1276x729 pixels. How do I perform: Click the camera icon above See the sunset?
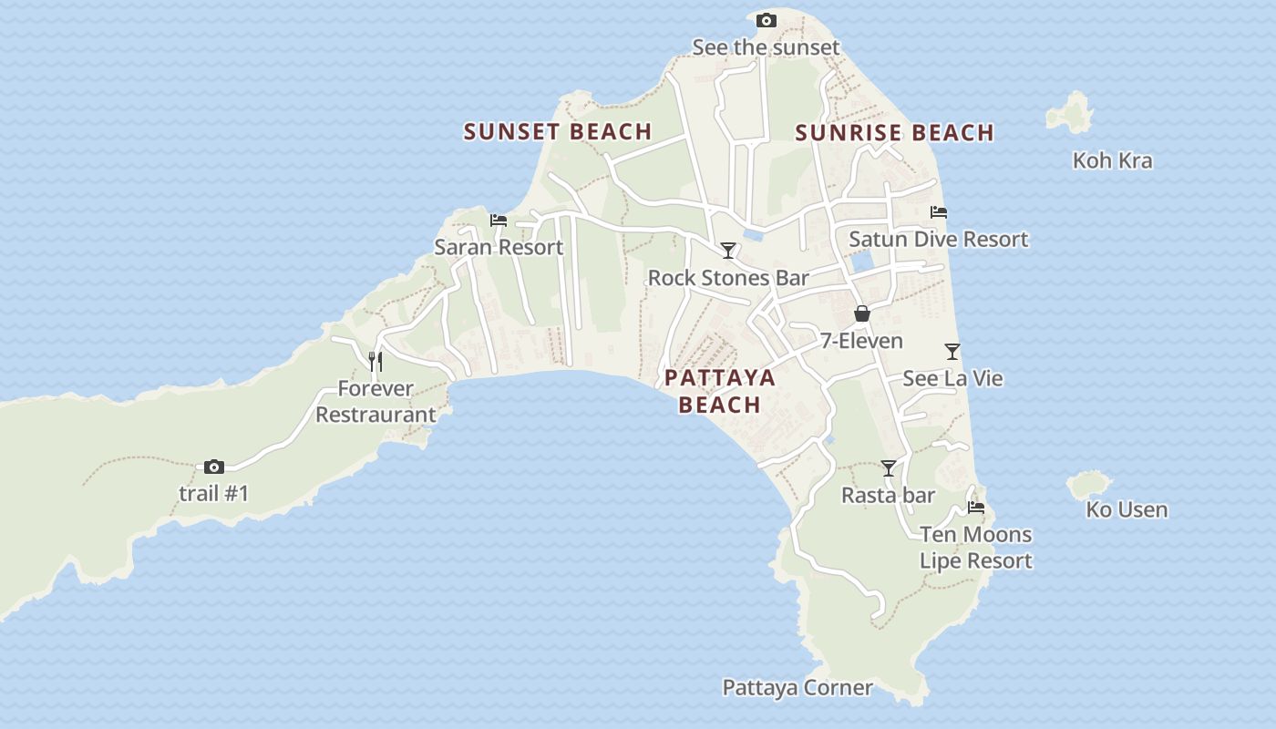pyautogui.click(x=767, y=20)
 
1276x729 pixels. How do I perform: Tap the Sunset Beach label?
pyautogui.click(x=558, y=132)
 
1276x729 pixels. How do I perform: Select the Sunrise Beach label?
pyautogui.click(x=894, y=133)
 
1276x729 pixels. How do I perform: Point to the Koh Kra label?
pyautogui.click(x=1112, y=161)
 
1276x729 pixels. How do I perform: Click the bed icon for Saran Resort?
pyautogui.click(x=498, y=221)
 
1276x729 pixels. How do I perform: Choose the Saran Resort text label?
pyautogui.click(x=499, y=247)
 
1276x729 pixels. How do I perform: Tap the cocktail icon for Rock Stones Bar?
pyautogui.click(x=727, y=250)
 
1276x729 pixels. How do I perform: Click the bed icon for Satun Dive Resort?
pyautogui.click(x=939, y=212)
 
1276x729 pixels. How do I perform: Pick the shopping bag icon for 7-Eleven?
pyautogui.click(x=861, y=314)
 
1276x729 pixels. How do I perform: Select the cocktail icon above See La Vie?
pyautogui.click(x=952, y=351)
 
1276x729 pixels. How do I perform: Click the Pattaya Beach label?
pyautogui.click(x=720, y=391)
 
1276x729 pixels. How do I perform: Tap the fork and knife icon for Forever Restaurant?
pyautogui.click(x=375, y=362)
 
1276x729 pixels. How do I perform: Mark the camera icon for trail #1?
pyautogui.click(x=214, y=467)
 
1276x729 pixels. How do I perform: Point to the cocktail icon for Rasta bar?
pyautogui.click(x=889, y=468)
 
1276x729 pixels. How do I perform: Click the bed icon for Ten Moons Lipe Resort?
pyautogui.click(x=976, y=508)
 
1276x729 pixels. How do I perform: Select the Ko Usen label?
pyautogui.click(x=1127, y=510)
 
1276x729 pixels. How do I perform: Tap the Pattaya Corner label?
pyautogui.click(x=797, y=688)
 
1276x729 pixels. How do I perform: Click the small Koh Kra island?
pyautogui.click(x=1070, y=111)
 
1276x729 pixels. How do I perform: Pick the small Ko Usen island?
pyautogui.click(x=1089, y=484)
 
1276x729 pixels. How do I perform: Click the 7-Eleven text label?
pyautogui.click(x=861, y=342)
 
